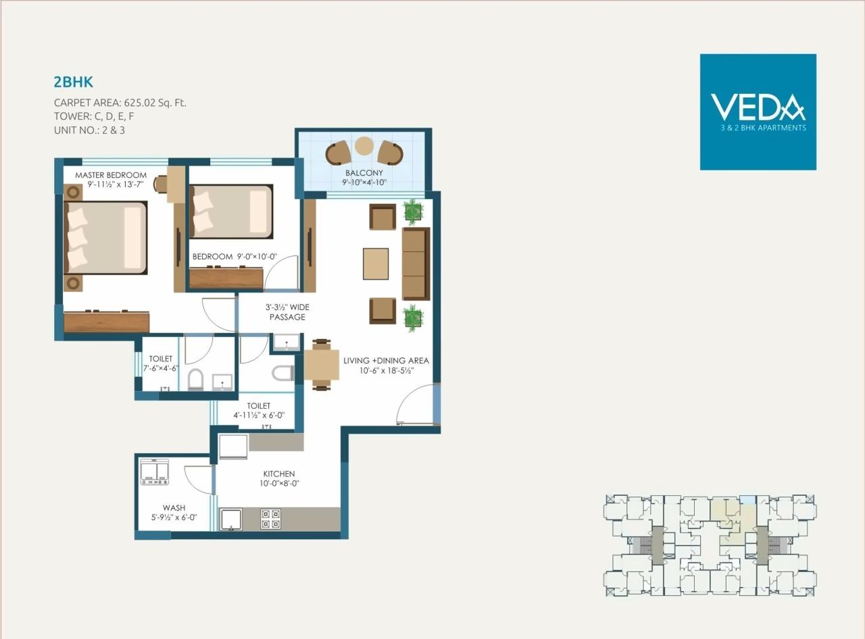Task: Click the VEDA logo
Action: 758,111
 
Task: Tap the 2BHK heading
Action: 73,82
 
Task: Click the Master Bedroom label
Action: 111,176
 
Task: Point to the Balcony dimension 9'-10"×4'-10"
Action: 364,182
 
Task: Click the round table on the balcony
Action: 364,146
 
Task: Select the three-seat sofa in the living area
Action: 416,263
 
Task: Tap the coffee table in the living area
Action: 376,263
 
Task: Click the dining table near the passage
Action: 322,365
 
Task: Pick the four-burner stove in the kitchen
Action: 271,519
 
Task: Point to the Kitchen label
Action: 279,474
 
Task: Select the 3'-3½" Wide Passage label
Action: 287,312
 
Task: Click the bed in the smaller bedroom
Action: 231,211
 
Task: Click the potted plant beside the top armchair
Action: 412,211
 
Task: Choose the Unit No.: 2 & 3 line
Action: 89,130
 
